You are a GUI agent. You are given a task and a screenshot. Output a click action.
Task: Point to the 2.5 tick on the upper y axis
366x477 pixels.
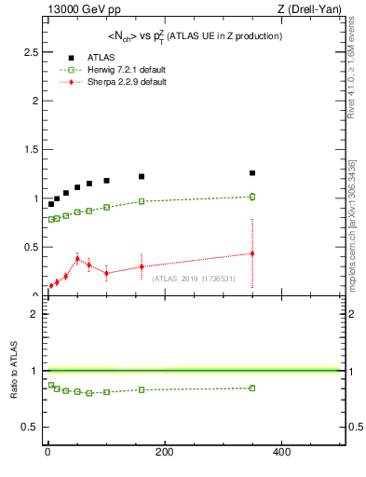point(31,52)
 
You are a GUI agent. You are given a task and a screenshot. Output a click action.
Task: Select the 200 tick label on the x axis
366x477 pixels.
point(164,453)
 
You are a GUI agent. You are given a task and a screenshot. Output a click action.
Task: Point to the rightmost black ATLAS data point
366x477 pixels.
point(252,173)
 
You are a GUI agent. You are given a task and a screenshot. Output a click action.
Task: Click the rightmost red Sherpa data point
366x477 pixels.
point(252,253)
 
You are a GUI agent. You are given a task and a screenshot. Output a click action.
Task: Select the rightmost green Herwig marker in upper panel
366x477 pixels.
point(252,197)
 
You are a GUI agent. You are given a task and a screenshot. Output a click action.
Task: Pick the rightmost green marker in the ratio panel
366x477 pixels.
point(252,388)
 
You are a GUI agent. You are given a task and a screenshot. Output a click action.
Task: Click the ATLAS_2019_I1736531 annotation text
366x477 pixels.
point(193,279)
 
